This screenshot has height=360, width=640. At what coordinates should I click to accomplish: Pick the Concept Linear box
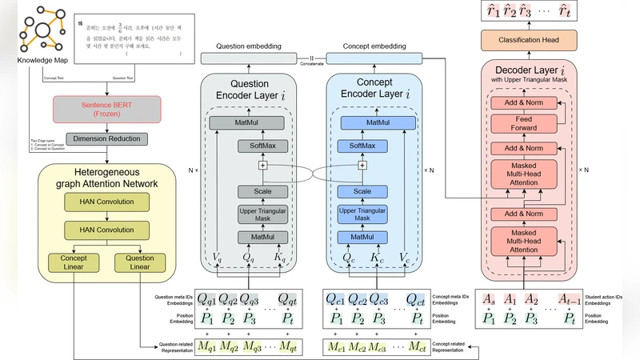(x=73, y=262)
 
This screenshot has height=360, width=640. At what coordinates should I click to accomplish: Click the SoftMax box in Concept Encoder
(x=362, y=146)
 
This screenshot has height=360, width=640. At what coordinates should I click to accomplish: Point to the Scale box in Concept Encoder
(x=362, y=191)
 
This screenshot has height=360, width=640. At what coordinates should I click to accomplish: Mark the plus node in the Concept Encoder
(x=362, y=166)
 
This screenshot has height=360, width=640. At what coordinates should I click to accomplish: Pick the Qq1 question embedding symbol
(x=207, y=300)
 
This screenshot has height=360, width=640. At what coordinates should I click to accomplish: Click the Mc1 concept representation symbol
(x=336, y=347)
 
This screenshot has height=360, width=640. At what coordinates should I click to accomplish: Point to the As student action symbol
(x=487, y=300)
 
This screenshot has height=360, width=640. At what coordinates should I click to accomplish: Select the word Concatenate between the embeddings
(x=312, y=63)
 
